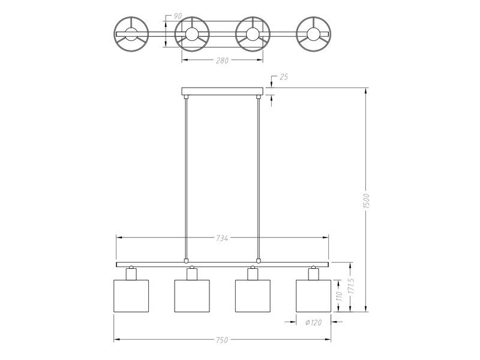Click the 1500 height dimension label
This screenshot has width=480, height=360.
tap(367, 201)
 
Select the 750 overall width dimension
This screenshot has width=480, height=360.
tap(222, 340)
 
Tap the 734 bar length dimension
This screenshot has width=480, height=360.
tap(222, 238)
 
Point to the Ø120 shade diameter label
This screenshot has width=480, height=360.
tap(313, 322)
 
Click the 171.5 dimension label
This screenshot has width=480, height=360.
tap(351, 286)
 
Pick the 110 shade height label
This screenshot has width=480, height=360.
tap(338, 296)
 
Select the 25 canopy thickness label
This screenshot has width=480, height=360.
tap(284, 77)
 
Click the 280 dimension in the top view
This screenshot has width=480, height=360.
tap(222, 61)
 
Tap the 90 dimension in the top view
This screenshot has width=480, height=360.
tap(178, 17)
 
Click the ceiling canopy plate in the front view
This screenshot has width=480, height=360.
tap(222, 91)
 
